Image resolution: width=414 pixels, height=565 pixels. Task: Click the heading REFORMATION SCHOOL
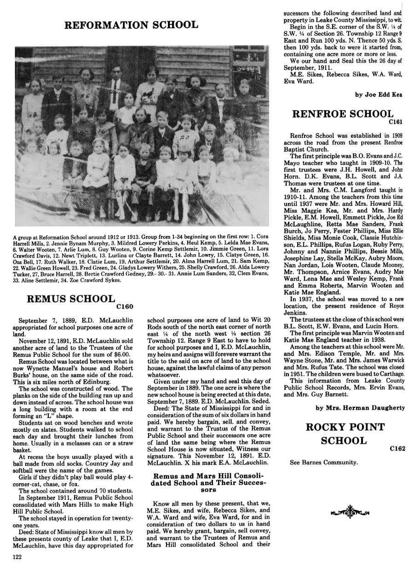[x=131, y=25]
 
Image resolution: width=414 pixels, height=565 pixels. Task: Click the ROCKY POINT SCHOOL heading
[x=346, y=434]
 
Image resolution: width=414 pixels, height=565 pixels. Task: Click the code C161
[x=395, y=123]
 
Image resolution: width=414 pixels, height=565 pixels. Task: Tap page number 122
[x=18, y=557]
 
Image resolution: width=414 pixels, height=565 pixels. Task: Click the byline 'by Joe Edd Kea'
[x=379, y=95]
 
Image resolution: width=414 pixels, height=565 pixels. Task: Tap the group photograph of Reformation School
[x=142, y=136]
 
